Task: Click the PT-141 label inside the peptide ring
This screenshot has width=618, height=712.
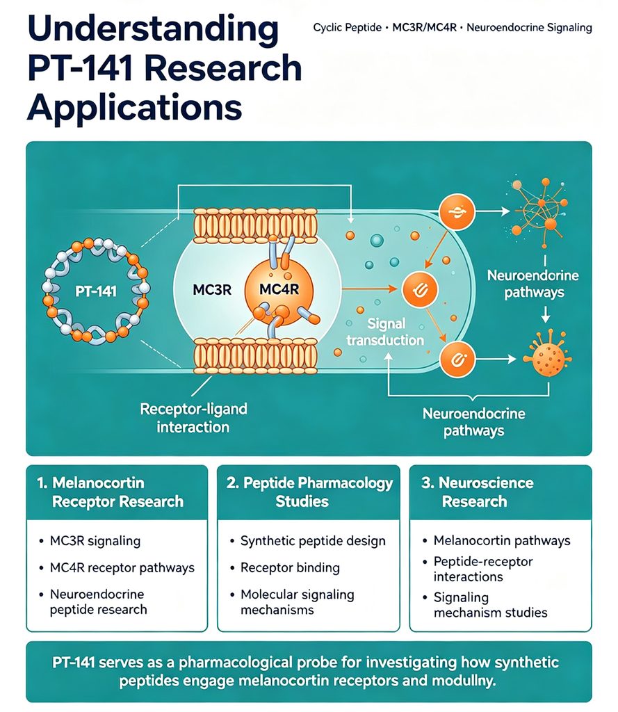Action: click(96, 291)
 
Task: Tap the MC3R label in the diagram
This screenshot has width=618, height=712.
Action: click(212, 289)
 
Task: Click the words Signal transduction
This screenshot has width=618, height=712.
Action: click(385, 332)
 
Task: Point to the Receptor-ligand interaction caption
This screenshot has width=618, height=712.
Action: click(193, 418)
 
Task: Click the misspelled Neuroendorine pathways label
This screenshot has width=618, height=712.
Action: click(533, 284)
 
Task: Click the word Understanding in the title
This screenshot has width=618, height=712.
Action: click(153, 29)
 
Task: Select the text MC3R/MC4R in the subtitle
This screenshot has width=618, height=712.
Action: click(424, 28)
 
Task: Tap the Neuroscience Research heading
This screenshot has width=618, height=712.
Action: click(478, 492)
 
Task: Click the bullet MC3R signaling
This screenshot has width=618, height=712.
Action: click(95, 541)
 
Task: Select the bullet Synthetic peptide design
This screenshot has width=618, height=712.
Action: click(313, 541)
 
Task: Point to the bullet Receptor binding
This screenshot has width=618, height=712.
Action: click(290, 567)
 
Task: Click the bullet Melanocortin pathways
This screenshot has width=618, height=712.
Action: click(502, 540)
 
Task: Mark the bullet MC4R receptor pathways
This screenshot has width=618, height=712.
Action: click(122, 567)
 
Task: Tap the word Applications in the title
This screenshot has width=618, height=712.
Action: click(134, 107)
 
